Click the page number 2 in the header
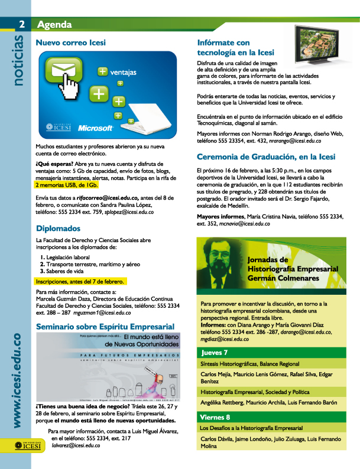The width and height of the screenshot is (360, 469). click(21, 24)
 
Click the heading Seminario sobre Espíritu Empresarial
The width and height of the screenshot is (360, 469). click(105, 326)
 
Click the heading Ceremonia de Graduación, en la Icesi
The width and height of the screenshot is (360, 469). click(265, 157)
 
